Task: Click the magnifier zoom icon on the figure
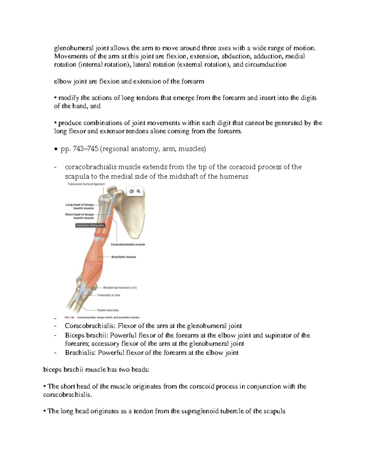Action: [139, 191]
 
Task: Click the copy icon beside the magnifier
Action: [132, 191]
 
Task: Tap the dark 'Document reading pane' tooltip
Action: [90, 225]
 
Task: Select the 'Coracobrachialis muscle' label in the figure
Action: [128, 245]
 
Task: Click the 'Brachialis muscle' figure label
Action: [124, 257]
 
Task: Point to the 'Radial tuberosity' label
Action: [108, 310]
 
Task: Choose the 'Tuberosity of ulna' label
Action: [109, 295]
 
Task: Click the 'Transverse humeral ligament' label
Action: [86, 184]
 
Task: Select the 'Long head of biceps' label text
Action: [79, 205]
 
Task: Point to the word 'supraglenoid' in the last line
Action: [200, 411]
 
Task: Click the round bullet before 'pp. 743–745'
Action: [56, 149]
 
